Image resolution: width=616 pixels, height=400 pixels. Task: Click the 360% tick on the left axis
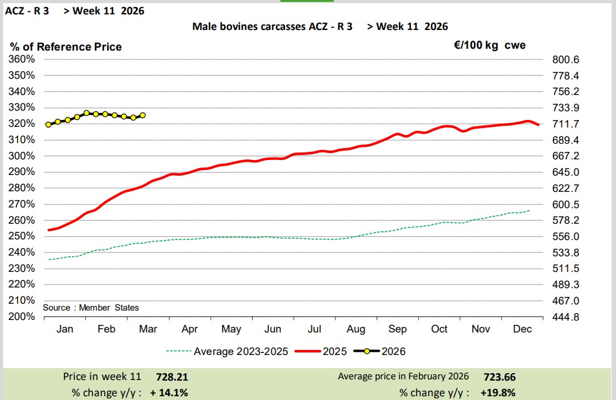click(x=22, y=59)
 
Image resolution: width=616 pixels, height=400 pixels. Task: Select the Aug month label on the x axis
click(x=356, y=329)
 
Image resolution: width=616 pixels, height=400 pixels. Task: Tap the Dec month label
click(x=522, y=329)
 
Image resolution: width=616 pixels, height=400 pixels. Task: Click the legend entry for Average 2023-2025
click(x=228, y=351)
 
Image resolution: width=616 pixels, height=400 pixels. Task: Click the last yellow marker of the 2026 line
click(x=143, y=115)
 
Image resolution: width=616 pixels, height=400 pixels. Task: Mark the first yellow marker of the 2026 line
click(x=48, y=124)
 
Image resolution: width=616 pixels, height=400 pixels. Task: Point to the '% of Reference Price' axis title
click(x=66, y=47)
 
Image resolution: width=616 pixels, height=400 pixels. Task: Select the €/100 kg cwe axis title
click(x=489, y=45)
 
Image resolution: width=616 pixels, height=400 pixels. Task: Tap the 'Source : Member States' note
click(x=91, y=307)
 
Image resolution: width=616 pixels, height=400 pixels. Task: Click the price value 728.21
click(x=171, y=377)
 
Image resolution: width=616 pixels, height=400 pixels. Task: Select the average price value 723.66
click(x=499, y=377)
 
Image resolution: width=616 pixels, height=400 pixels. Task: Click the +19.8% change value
click(x=498, y=392)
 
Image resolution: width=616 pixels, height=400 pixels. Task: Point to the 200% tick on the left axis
click(x=22, y=316)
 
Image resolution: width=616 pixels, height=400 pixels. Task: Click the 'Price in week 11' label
click(x=103, y=377)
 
